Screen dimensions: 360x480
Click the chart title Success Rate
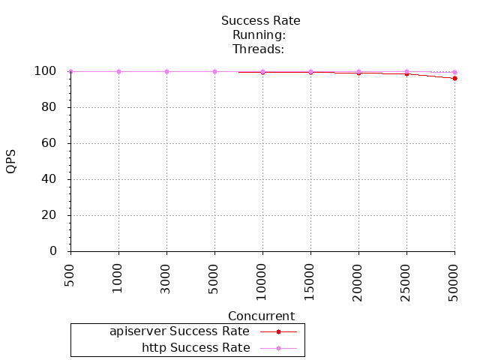tap(260, 20)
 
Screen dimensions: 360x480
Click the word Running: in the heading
tap(259, 34)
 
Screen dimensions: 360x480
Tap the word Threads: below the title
tap(259, 49)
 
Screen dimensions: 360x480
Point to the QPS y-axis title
tap(10, 161)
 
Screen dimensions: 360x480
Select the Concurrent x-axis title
tap(261, 316)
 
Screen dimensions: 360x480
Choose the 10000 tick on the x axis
tap(262, 277)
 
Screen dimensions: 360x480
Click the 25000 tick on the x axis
tap(406, 277)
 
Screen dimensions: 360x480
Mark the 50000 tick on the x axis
tap(454, 277)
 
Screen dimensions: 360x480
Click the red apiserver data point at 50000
tap(454, 78)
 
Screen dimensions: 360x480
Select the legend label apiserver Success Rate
tap(179, 331)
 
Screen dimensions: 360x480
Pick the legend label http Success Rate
tap(196, 347)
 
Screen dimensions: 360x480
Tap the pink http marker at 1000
tap(118, 71)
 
